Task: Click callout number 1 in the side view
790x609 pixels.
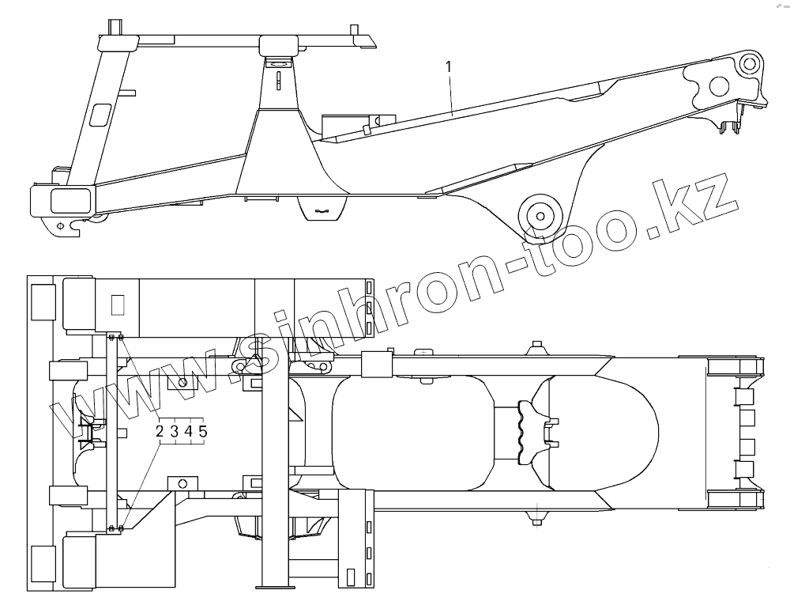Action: (449, 66)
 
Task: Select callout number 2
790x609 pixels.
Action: (160, 431)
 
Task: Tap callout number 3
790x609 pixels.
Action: (174, 431)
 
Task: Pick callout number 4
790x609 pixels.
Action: (189, 431)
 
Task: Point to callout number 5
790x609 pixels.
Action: (202, 431)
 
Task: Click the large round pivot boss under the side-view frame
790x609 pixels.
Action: (540, 216)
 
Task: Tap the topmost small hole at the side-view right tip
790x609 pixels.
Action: (750, 63)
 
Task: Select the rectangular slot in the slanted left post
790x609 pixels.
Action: (101, 114)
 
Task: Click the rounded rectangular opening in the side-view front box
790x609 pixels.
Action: (73, 200)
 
